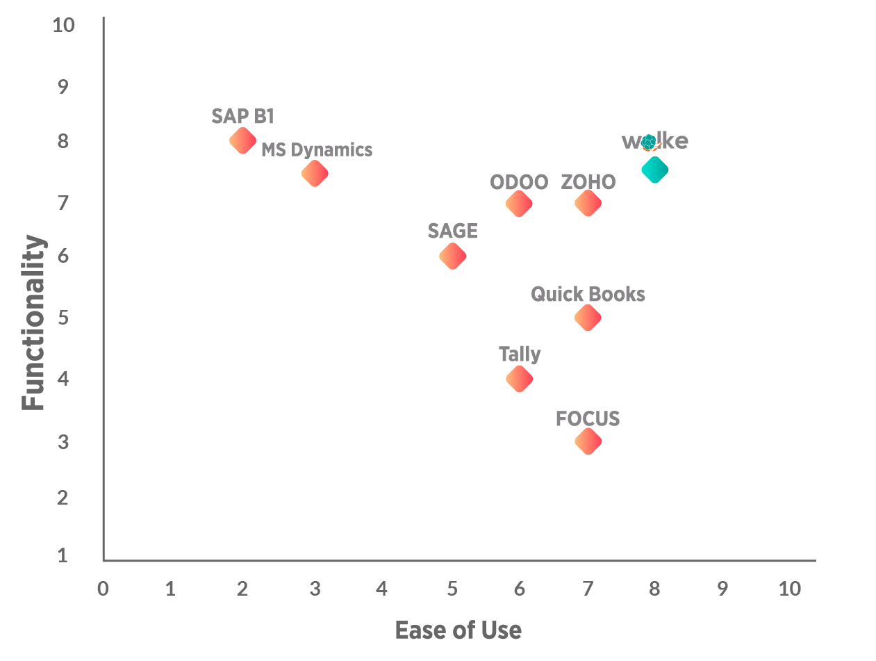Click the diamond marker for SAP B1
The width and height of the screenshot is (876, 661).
click(x=242, y=141)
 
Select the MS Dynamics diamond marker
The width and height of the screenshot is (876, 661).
click(x=314, y=173)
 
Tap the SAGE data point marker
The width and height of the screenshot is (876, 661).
click(x=452, y=256)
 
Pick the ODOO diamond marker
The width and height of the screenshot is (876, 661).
click(x=519, y=204)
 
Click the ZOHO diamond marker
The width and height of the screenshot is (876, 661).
click(x=588, y=204)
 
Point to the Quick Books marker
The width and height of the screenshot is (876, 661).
click(x=588, y=318)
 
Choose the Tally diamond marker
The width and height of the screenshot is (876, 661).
click(x=519, y=379)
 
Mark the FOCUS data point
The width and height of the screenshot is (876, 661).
click(x=588, y=441)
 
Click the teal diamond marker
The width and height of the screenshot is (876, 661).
click(x=654, y=170)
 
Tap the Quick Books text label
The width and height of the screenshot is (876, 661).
click(x=588, y=295)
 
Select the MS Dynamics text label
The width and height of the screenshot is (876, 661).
click(x=317, y=150)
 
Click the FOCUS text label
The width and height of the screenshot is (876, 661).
click(x=588, y=419)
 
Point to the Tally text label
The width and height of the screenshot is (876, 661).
click(x=520, y=354)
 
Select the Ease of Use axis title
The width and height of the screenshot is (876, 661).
click(x=458, y=630)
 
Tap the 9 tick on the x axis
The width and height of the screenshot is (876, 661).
click(x=722, y=589)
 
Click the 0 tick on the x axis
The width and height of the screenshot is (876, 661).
click(x=103, y=589)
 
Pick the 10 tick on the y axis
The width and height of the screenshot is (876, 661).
click(x=63, y=25)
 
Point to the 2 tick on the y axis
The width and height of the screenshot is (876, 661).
click(x=63, y=498)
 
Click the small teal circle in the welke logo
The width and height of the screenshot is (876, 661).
click(x=648, y=142)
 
